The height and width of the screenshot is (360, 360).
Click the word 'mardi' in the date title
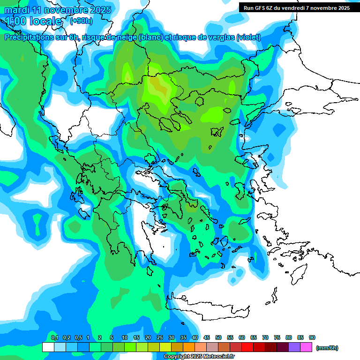coord(17,10)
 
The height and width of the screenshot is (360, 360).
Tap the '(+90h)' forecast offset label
coord(81,21)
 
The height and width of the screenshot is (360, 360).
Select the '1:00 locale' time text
coord(33,21)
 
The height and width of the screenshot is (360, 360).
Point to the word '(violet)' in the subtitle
coord(248,37)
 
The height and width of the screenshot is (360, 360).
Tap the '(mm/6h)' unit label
coord(327,348)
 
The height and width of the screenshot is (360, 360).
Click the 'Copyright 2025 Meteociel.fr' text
coord(199,357)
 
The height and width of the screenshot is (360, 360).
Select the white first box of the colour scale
coord(48,347)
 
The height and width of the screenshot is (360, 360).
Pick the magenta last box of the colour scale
coord(306,347)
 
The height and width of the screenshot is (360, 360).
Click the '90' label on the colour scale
coord(312,337)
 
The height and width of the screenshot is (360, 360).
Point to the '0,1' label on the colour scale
coord(54,337)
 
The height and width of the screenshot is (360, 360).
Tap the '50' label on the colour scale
coord(218,337)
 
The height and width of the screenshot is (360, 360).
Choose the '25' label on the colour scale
coord(160,337)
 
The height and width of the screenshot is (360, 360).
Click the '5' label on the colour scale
coord(112,337)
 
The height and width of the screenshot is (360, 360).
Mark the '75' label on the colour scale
coord(277,337)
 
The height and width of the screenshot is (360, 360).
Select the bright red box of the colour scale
coord(247,347)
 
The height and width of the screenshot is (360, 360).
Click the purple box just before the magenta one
coord(294,347)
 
